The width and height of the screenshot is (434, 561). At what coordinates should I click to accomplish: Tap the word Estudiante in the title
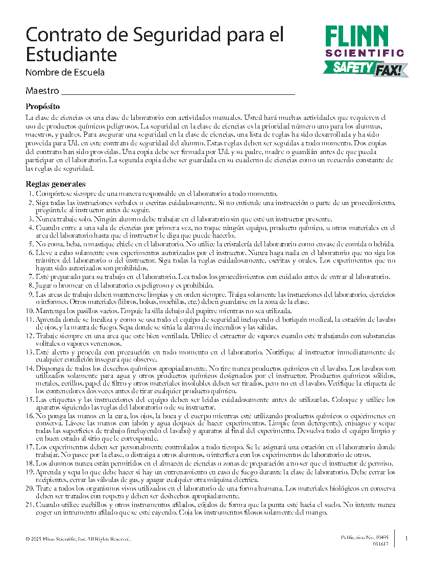(71, 54)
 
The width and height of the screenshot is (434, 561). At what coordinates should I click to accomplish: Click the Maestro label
(42, 91)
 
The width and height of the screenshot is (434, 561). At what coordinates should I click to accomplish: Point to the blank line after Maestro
(178, 93)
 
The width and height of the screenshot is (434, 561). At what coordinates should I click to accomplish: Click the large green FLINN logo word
(364, 36)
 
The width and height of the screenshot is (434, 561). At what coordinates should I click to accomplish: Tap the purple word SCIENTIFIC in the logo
(365, 53)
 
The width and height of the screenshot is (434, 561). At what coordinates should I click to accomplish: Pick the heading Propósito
(43, 107)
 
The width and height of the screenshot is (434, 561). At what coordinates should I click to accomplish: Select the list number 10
(29, 311)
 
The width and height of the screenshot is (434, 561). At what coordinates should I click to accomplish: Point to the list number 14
(29, 368)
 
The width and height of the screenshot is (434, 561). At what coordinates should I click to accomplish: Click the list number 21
(29, 504)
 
